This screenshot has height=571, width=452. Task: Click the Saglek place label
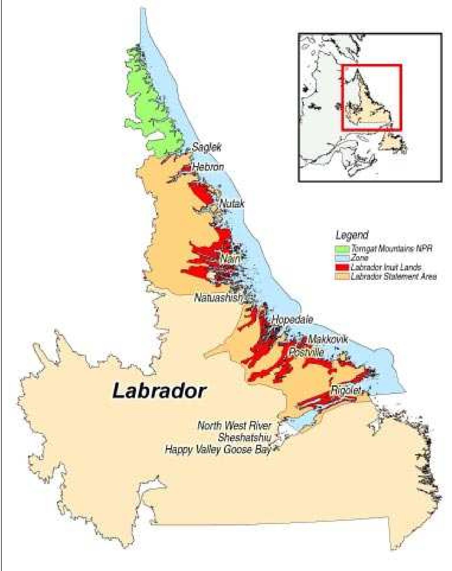tap(207, 147)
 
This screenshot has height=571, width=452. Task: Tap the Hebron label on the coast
tap(208, 167)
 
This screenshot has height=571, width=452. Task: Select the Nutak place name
tap(232, 204)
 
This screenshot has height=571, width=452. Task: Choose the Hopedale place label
tap(292, 319)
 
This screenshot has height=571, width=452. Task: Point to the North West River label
tap(234, 426)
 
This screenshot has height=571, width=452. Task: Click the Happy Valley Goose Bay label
tap(218, 450)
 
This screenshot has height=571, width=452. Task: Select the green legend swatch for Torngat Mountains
tap(342, 249)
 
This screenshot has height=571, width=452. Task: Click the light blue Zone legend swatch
tap(342, 258)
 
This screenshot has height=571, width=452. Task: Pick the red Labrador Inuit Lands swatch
tap(342, 267)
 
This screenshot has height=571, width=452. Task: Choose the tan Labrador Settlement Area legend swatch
tap(342, 276)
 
